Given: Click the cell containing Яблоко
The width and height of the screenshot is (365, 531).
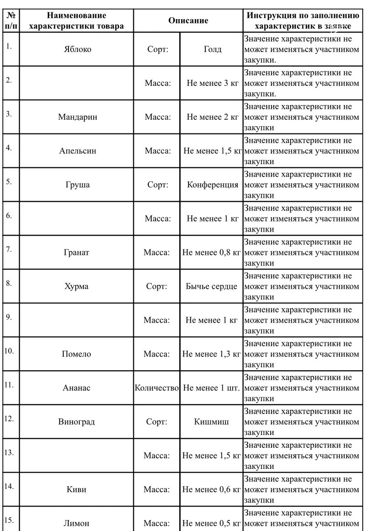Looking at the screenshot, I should coord(77,49).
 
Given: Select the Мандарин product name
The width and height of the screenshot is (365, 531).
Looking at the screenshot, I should coord(77,117).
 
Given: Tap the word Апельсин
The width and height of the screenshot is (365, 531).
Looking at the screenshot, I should coord(77,151).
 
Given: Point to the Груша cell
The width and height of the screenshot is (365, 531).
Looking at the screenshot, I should coord(77,185).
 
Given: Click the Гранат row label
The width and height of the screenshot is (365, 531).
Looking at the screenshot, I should coord(77,252).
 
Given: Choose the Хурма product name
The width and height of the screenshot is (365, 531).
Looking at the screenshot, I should coord(77,287).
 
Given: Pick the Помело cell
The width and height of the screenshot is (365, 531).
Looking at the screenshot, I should coord(77,354).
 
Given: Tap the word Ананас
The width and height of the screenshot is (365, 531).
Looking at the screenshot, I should coord(77,388).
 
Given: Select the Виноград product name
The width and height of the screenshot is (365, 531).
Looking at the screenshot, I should coord(77,422).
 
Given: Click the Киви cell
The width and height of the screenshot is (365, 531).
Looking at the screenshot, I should coord(77,489).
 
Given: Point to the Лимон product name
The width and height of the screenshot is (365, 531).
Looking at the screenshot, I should coord(77,523).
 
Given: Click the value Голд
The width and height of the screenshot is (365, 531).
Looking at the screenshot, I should coord(212,49).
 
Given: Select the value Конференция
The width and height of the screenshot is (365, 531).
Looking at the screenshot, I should coord(212,185).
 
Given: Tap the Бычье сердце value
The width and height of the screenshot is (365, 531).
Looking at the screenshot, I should coord(211,287).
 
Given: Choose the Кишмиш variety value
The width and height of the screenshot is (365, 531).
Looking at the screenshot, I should coord(211,422).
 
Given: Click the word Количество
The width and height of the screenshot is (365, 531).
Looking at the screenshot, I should coord(156,388).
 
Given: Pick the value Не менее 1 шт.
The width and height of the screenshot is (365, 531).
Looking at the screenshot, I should coord(211,388).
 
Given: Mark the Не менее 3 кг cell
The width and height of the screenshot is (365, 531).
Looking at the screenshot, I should coord(212,83).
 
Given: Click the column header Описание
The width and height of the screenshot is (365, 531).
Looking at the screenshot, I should coord(188,21).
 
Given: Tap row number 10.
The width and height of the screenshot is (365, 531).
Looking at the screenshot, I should coord(10,351).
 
